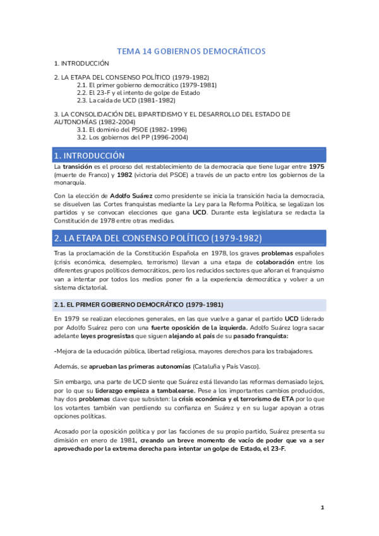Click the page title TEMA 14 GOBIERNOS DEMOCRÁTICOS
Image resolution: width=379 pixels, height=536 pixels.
click(191, 51)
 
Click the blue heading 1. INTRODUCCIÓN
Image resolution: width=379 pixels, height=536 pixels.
click(90, 155)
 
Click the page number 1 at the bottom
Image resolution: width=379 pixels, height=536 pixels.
click(322, 508)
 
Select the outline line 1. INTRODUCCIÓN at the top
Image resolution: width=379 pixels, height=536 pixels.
click(81, 64)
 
